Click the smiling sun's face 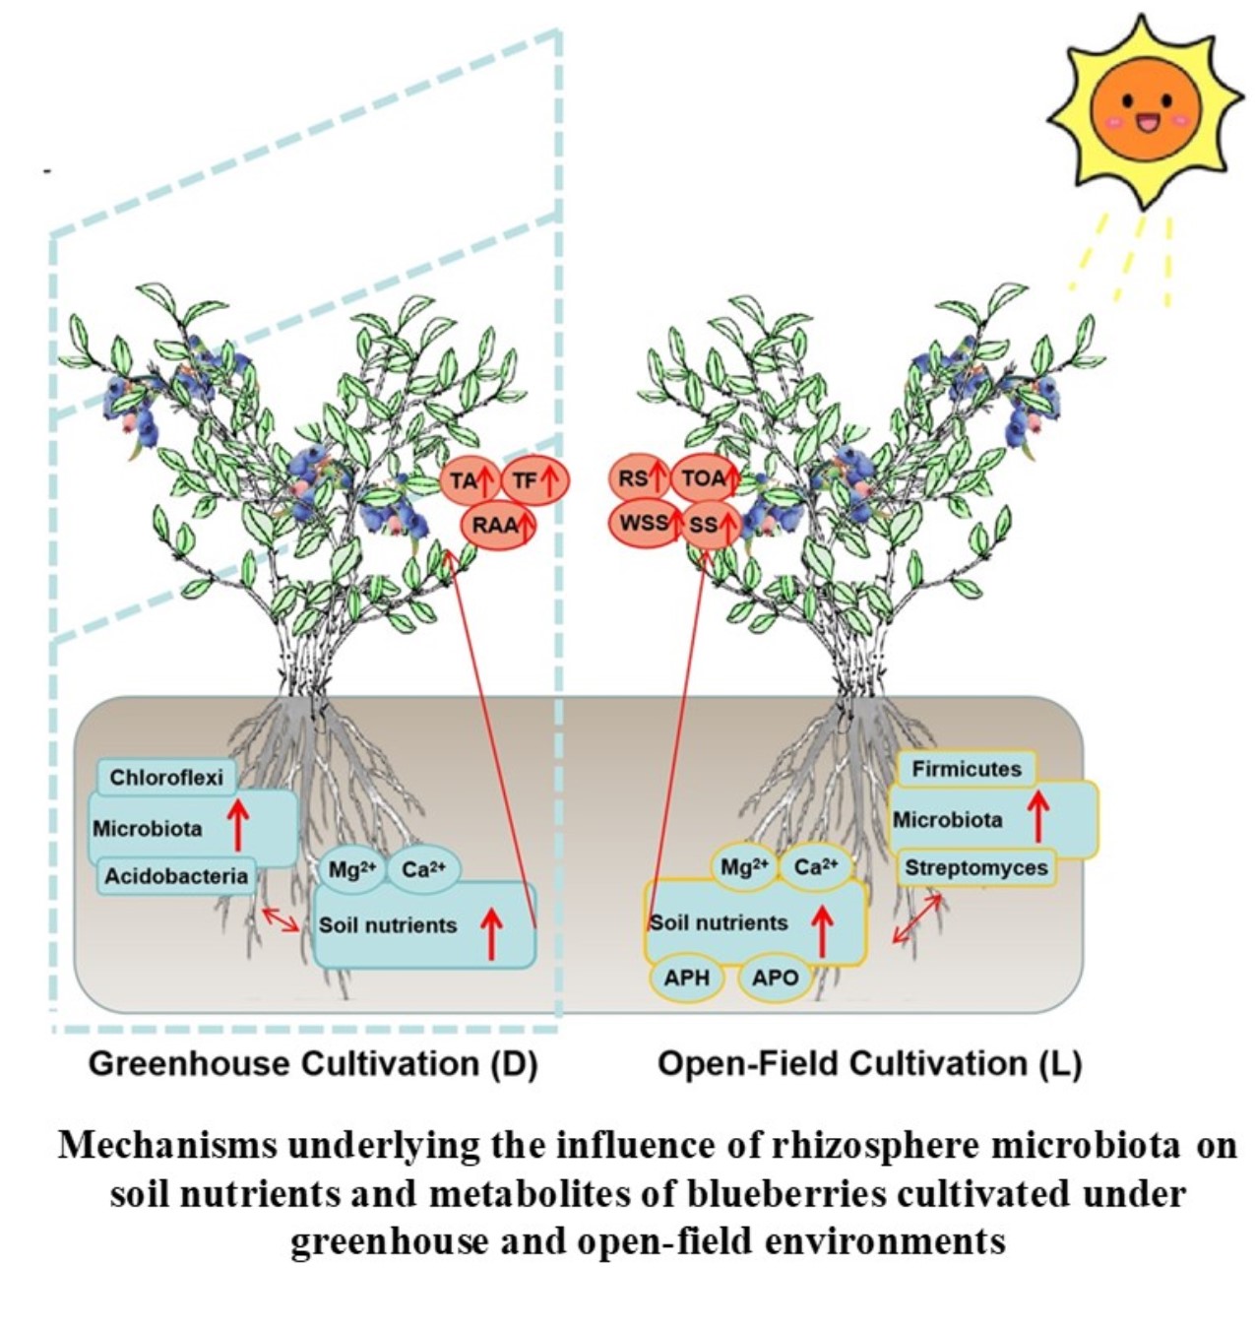click(1146, 110)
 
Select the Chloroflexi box click(166, 778)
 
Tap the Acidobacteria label click(176, 875)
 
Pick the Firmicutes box click(966, 769)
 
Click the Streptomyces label click(975, 868)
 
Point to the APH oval click(686, 978)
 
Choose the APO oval click(775, 978)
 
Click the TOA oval click(705, 478)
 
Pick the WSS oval click(645, 523)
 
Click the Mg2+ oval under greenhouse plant click(351, 870)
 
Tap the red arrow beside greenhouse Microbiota click(237, 824)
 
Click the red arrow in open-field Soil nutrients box click(823, 931)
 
